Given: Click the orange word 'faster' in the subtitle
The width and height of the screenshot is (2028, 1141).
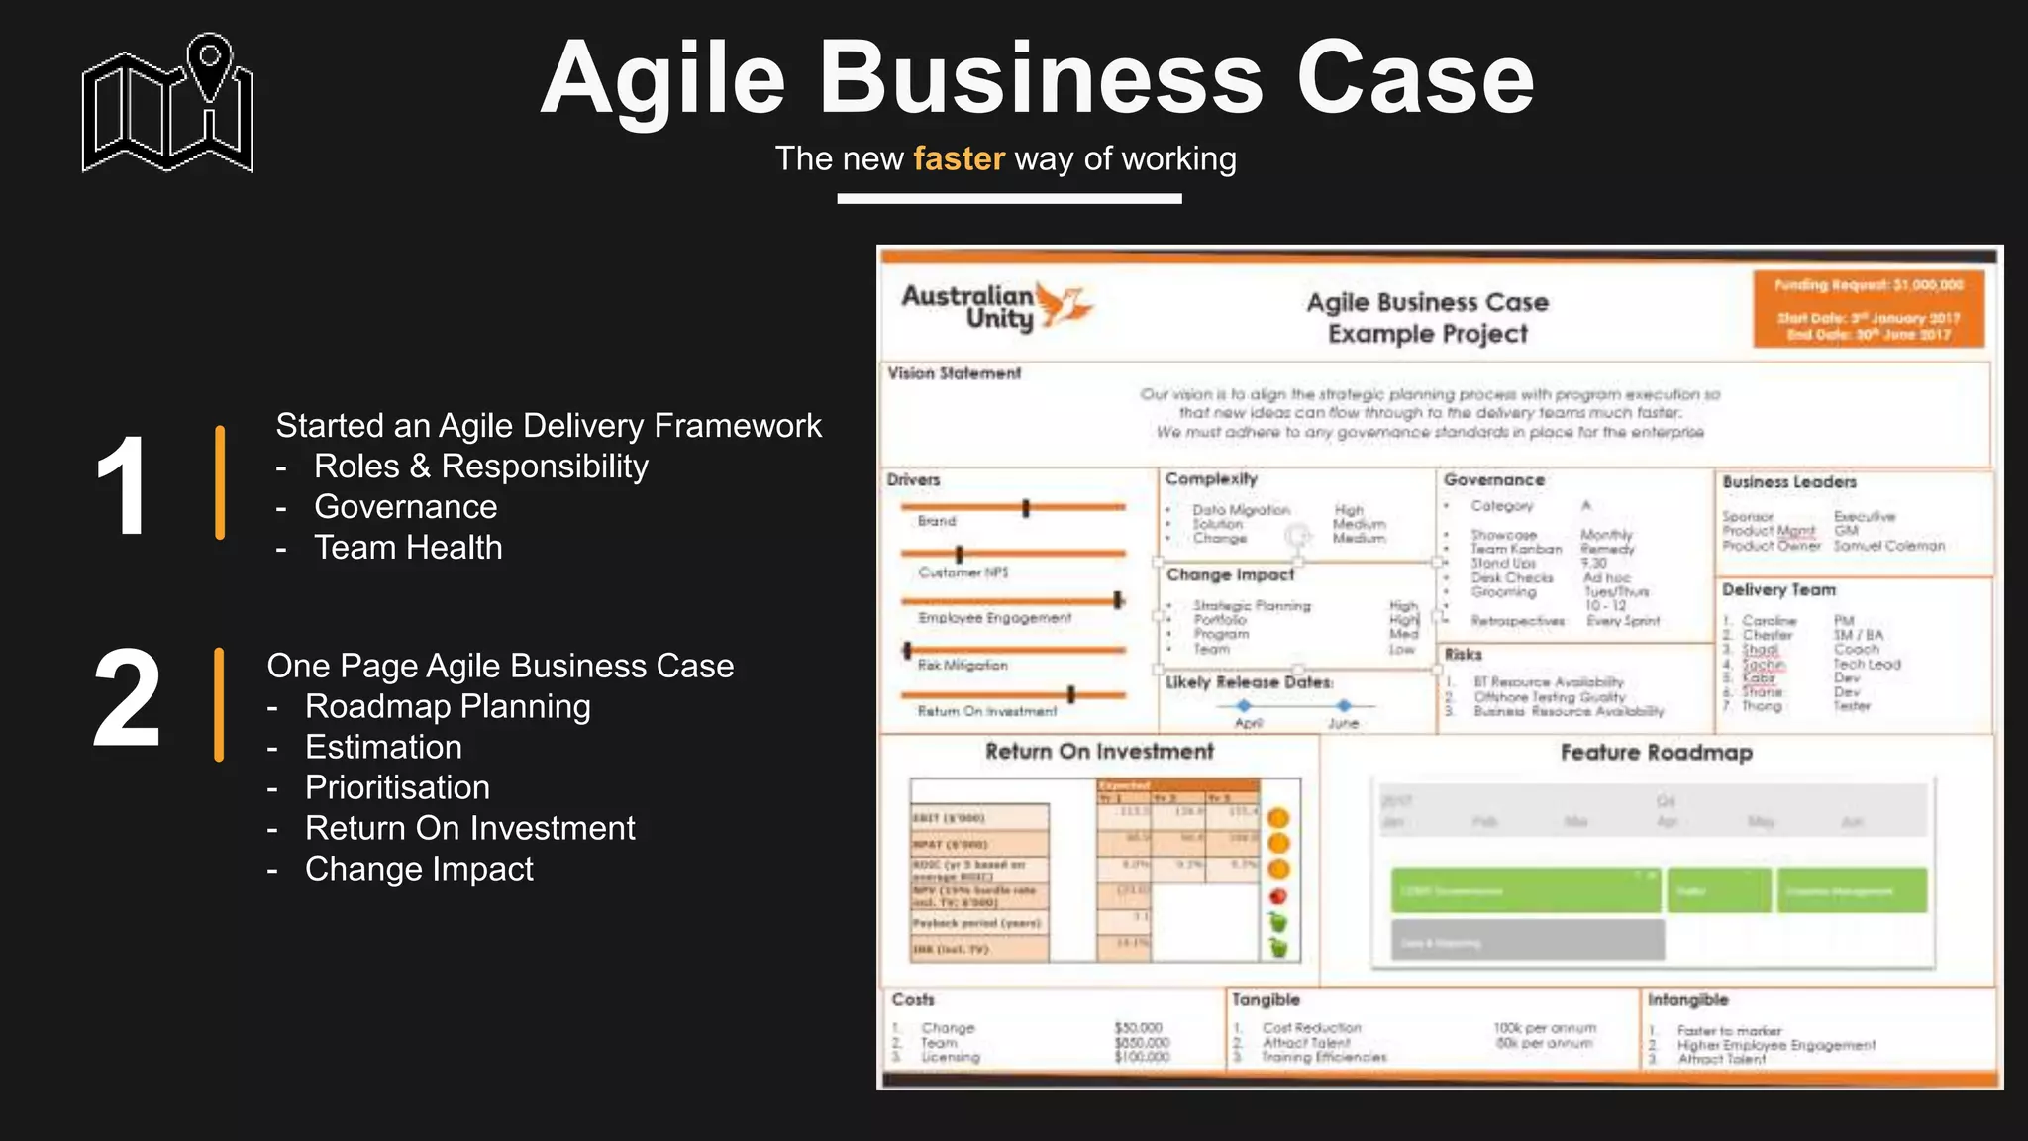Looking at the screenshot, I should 959,158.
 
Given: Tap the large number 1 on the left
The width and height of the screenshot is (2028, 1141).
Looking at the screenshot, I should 123,485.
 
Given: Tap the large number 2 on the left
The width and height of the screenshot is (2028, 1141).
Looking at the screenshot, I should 127,697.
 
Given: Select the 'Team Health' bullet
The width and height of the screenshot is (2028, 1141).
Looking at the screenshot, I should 408,548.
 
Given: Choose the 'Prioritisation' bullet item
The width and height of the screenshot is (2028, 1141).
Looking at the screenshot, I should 397,787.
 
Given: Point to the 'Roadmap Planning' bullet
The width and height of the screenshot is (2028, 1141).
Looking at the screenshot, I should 448,706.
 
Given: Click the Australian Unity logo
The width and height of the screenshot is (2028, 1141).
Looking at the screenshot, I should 995,306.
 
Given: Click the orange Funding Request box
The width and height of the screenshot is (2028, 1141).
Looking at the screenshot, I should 1868,309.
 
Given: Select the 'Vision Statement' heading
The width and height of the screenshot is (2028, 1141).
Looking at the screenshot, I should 954,373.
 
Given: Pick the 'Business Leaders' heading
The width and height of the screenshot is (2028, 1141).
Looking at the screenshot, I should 1788,482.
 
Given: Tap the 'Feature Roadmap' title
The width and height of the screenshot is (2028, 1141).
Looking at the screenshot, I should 1656,753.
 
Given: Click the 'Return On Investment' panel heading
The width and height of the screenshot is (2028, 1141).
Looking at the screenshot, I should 1099,752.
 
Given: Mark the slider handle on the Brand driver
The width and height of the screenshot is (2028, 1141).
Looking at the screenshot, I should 1026,508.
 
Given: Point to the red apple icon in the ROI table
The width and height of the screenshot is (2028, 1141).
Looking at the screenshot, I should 1278,896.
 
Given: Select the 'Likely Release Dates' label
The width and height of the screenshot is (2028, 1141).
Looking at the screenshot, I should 1249,682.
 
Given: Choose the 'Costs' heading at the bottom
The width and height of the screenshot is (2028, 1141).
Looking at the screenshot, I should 912,1000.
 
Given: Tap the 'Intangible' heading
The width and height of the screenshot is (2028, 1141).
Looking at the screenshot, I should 1687,1000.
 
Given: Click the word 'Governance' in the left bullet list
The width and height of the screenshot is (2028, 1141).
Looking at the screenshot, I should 406,507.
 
